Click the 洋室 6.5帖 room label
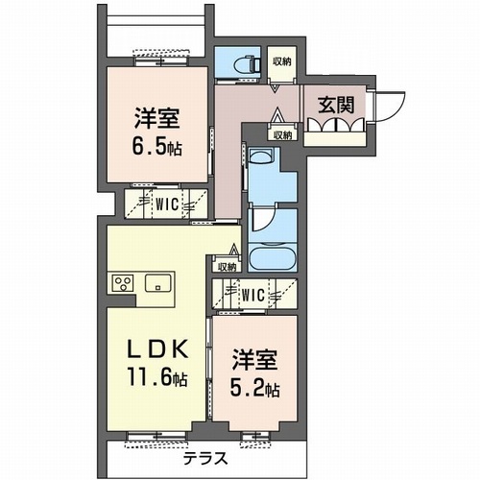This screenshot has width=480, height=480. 157,132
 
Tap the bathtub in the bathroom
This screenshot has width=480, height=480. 274,259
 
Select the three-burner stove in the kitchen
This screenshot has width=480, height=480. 124,283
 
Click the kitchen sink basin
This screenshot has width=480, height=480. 157,283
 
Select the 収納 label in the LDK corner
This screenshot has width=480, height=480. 227,267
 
